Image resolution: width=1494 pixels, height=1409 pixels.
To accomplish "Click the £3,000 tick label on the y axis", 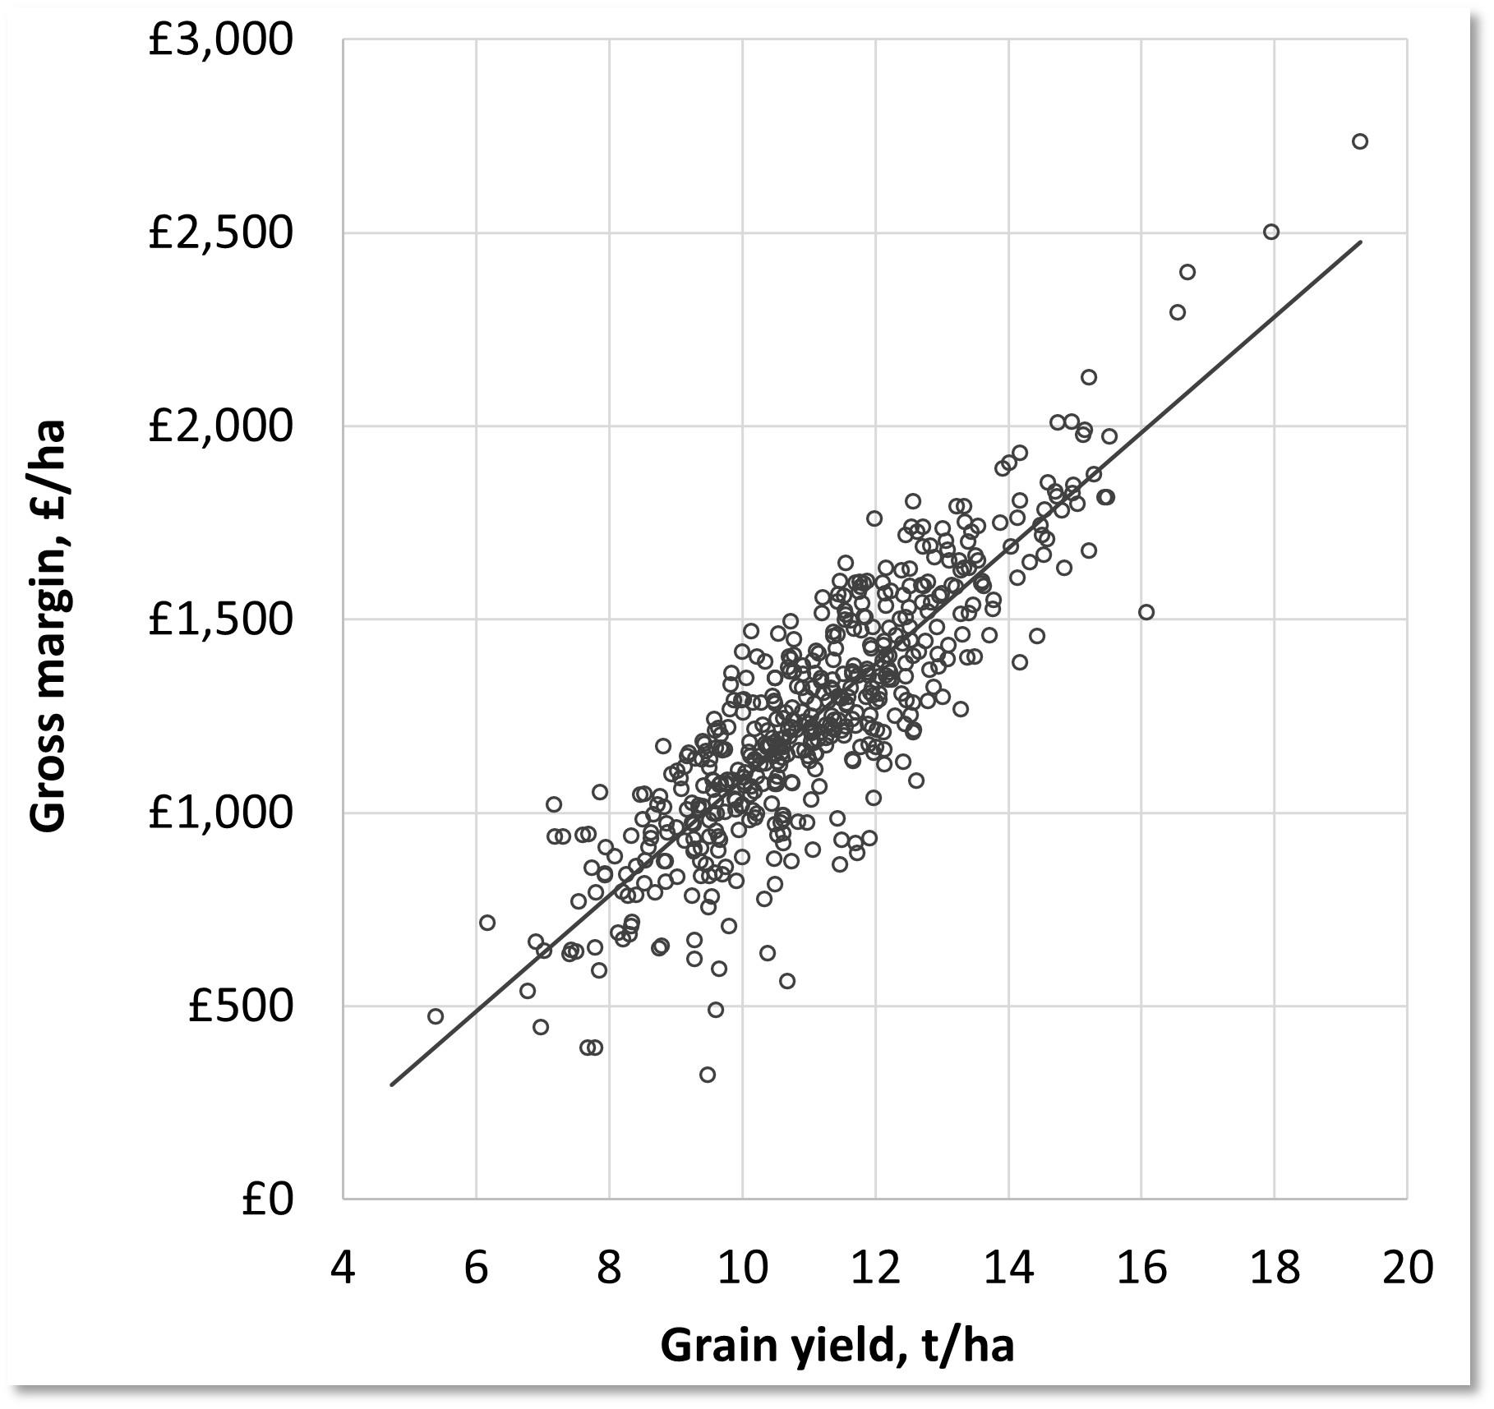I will pyautogui.click(x=220, y=39).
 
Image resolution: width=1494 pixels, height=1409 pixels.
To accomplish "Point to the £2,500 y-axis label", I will pyautogui.click(x=220, y=233).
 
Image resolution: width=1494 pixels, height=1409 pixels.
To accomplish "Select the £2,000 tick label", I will pyautogui.click(x=220, y=426).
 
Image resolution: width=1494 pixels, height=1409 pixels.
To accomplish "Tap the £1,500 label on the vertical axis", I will pyautogui.click(x=220, y=619).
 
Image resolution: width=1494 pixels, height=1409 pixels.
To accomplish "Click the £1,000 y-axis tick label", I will pyautogui.click(x=220, y=813).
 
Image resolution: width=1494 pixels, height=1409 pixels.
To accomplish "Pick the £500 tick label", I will pyautogui.click(x=240, y=1006).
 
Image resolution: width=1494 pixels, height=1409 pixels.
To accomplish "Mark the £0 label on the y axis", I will pyautogui.click(x=267, y=1199).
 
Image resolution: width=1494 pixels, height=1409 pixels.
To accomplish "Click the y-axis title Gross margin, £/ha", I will pyautogui.click(x=48, y=627).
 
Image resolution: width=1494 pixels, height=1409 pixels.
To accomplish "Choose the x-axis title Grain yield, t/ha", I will pyautogui.click(x=837, y=1345).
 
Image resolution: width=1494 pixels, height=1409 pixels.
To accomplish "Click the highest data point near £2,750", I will pyautogui.click(x=1359, y=141).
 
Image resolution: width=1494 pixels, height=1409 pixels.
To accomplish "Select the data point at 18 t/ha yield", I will pyautogui.click(x=1270, y=232).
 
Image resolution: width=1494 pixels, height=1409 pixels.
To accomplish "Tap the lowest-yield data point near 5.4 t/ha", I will pyautogui.click(x=436, y=1016).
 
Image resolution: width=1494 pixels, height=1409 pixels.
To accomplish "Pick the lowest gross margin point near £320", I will pyautogui.click(x=708, y=1075).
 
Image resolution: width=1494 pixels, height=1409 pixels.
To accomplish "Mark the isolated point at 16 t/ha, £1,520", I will pyautogui.click(x=1146, y=612).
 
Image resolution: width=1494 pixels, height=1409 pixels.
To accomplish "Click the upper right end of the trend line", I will pyautogui.click(x=1361, y=242).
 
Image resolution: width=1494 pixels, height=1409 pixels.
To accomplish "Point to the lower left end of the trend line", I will pyautogui.click(x=392, y=1084).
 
